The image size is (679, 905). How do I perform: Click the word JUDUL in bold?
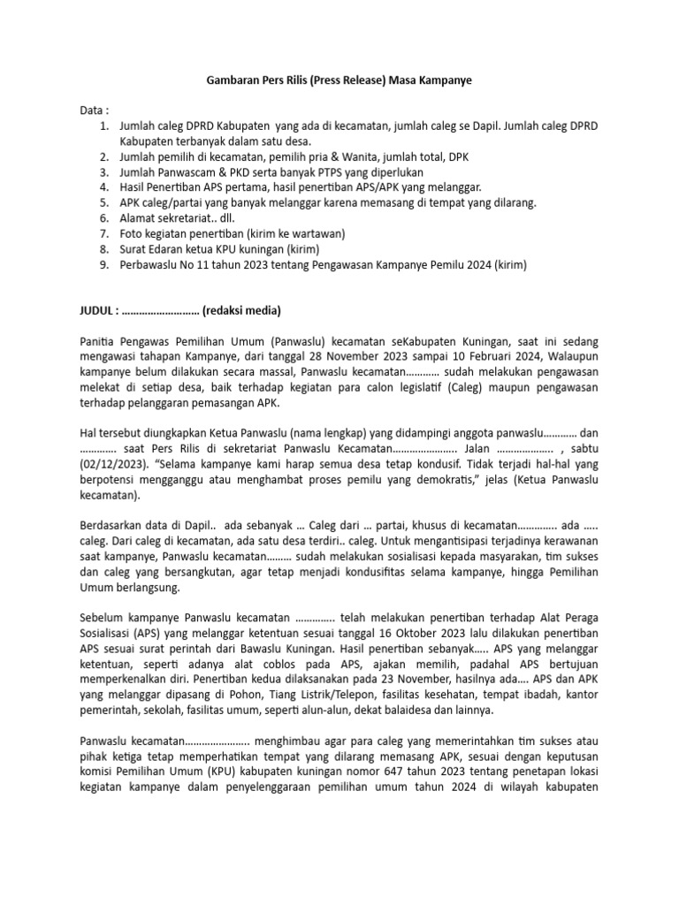point(93,310)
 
